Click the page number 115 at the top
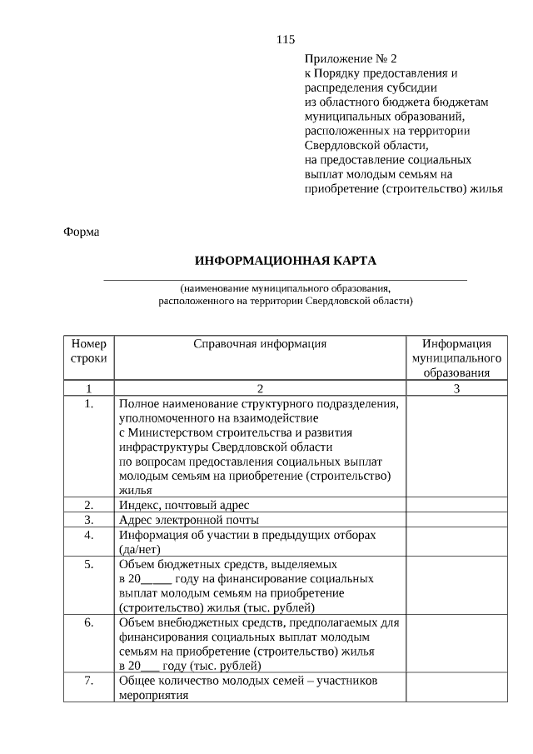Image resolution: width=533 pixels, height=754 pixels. pos(286,39)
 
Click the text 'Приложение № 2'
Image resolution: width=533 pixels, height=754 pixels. pos(351,59)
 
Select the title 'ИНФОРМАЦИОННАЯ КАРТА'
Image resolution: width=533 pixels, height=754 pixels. pos(286,260)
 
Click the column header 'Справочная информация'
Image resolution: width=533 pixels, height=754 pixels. pos(259,343)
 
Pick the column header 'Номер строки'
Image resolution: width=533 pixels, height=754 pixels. pos(88,351)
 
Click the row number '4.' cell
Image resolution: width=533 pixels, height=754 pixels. pos(88,535)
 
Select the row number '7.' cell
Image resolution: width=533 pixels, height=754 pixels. pos(88,681)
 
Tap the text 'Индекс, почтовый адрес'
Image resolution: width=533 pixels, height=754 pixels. pos(184,506)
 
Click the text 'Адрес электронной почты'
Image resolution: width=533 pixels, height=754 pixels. pos(188,520)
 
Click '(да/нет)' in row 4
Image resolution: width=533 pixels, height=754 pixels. pos(140,549)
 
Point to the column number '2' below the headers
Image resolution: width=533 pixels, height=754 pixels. pos(259,388)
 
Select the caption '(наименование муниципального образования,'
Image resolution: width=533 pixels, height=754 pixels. pos(285,287)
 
